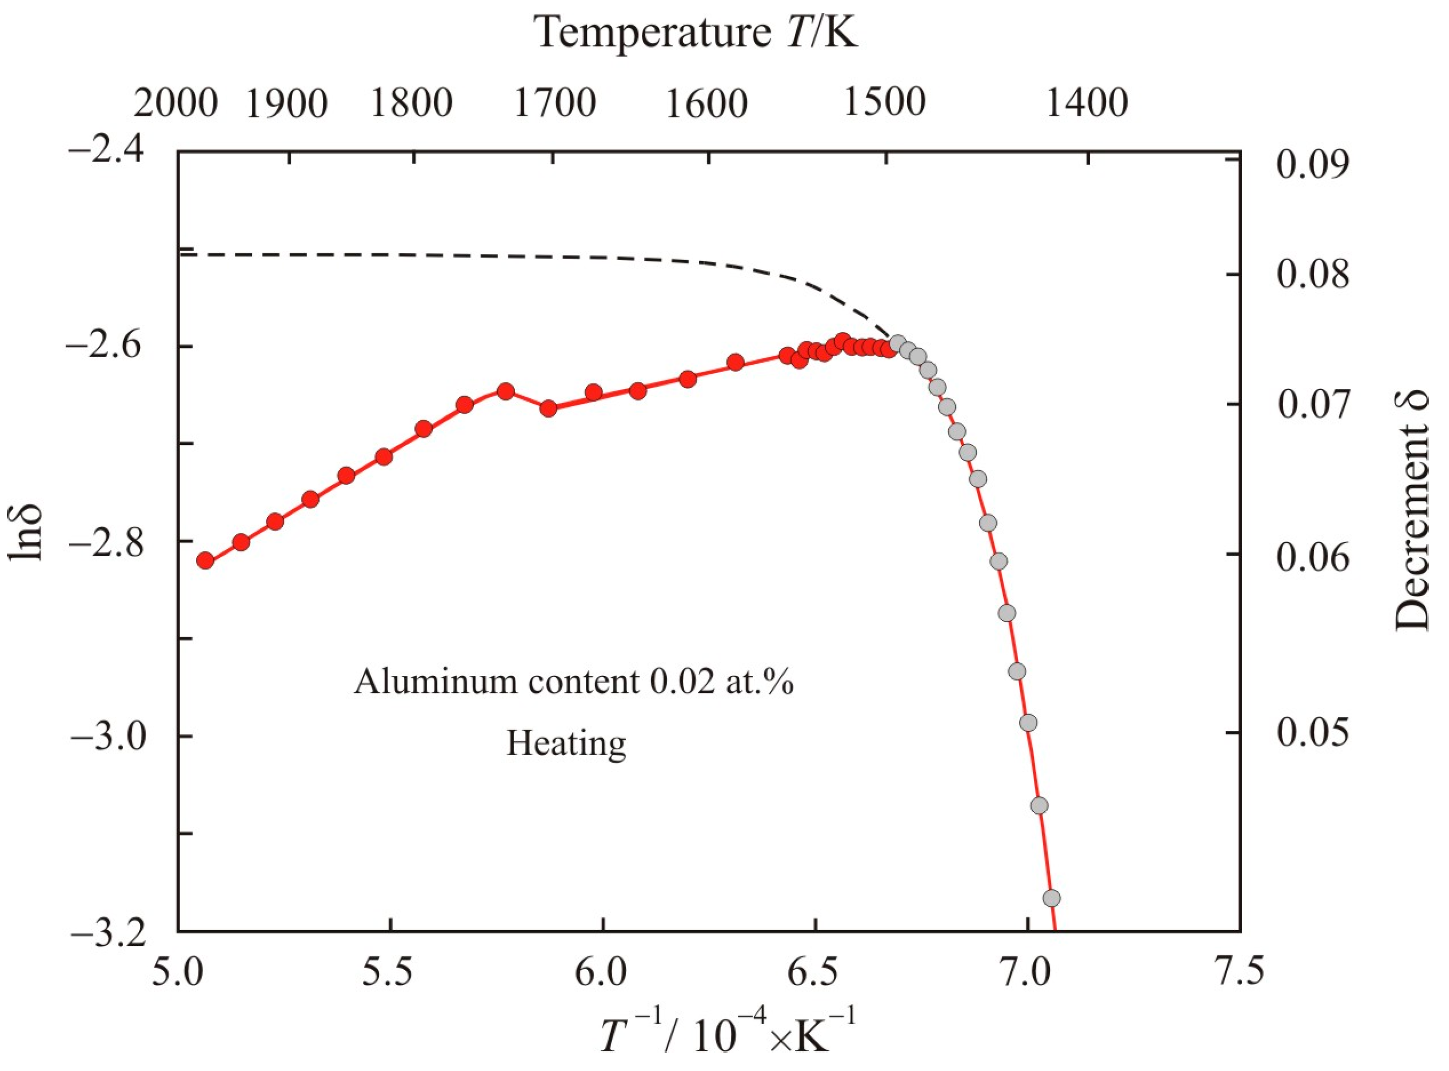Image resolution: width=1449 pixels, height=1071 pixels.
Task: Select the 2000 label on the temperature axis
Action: pyautogui.click(x=175, y=103)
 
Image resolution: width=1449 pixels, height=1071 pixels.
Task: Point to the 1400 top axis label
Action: pyautogui.click(x=1088, y=103)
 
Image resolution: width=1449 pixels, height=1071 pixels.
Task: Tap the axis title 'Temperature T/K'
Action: pyautogui.click(x=696, y=32)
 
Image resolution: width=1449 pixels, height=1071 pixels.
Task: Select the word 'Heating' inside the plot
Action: pyautogui.click(x=566, y=743)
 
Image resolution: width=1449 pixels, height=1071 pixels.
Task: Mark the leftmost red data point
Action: pyautogui.click(x=205, y=560)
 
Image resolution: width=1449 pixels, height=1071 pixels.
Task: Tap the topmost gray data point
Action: pyautogui.click(x=898, y=343)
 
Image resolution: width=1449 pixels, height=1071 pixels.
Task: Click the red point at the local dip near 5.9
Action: pyautogui.click(x=549, y=408)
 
